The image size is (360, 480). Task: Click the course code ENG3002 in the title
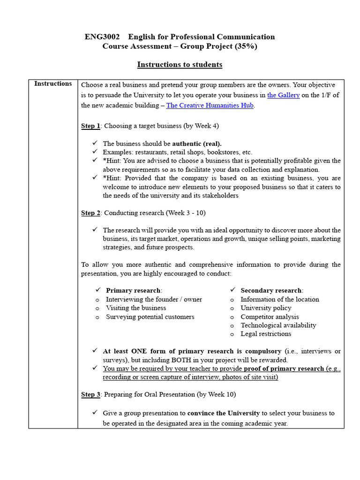click(x=102, y=37)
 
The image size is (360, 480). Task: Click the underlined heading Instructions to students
click(x=180, y=65)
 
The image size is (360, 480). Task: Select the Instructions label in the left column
click(x=53, y=84)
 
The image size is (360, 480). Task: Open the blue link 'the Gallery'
click(x=283, y=95)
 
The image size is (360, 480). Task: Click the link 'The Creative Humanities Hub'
click(x=210, y=105)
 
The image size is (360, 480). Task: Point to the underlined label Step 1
click(x=90, y=126)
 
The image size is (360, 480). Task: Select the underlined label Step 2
click(x=90, y=213)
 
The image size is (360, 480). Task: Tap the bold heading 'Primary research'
click(x=134, y=291)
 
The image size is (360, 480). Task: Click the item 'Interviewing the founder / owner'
click(x=154, y=300)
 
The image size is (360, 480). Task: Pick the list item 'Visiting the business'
click(x=136, y=308)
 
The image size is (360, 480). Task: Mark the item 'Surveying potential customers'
click(x=150, y=317)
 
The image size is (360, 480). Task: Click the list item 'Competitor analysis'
click(x=270, y=317)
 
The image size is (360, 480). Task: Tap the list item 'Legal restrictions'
click(x=266, y=334)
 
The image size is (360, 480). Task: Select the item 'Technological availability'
click(x=278, y=325)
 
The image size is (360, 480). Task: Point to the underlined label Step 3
click(x=90, y=395)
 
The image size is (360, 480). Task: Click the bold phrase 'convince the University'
click(x=224, y=413)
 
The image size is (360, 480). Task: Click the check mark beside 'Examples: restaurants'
click(x=95, y=152)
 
